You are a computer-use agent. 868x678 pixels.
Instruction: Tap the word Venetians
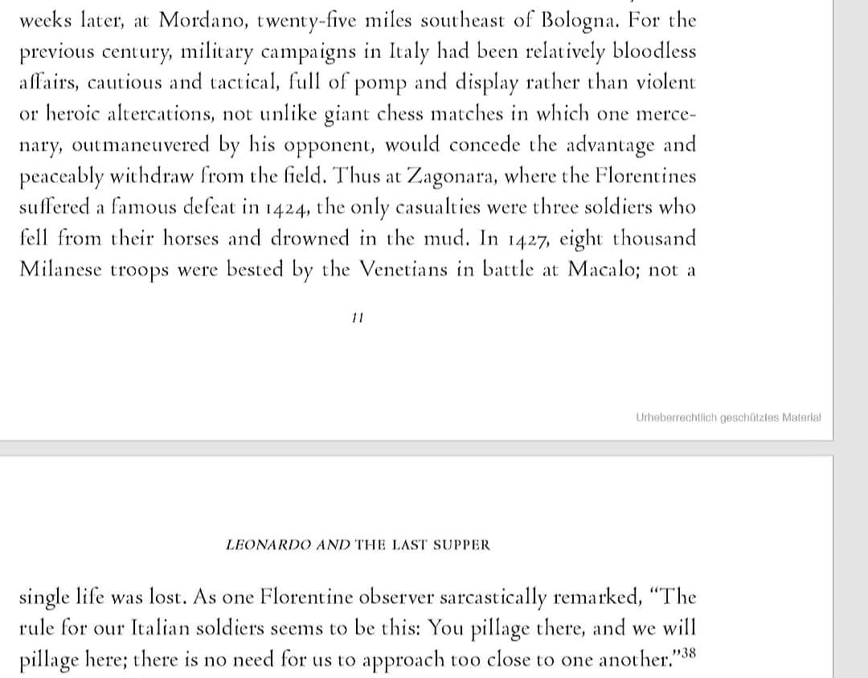(x=410, y=269)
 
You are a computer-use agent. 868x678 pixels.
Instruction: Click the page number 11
(x=358, y=318)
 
